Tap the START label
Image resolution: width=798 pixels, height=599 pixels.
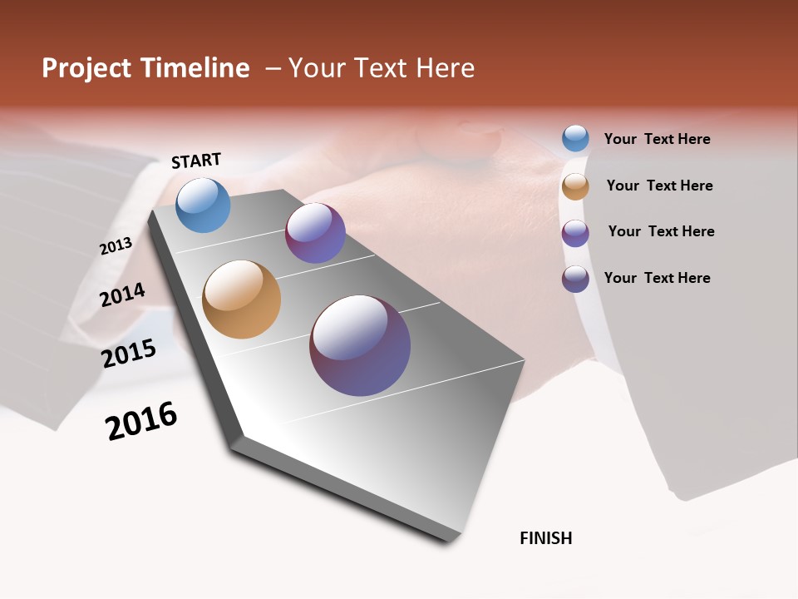196,161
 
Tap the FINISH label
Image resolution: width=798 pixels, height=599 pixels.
546,538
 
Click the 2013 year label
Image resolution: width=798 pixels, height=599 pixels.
116,246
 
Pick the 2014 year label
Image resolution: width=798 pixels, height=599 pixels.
123,295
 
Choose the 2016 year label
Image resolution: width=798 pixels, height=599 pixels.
141,421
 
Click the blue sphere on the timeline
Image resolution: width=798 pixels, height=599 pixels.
203,205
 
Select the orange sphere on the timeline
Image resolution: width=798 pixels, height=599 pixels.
241,299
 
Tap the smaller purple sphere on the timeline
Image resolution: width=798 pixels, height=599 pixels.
315,232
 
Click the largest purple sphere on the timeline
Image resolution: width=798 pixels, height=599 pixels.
360,344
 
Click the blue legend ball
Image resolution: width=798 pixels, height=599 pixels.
575,138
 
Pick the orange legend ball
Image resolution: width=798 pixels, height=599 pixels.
575,186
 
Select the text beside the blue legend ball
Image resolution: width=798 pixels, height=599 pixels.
657,139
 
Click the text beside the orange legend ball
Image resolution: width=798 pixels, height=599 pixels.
659,186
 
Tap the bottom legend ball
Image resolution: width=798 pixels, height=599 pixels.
575,279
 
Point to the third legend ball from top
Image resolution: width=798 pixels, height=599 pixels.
575,233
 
